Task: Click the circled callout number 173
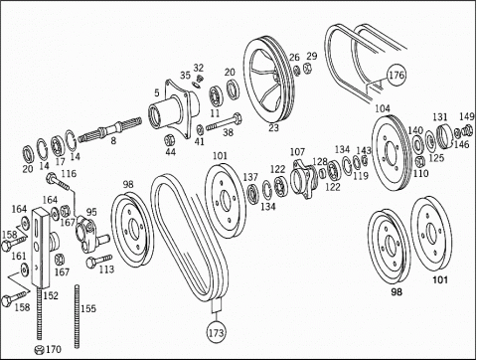pyautogui.click(x=217, y=332)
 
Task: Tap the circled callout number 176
pyautogui.click(x=397, y=75)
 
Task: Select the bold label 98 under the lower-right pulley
pyautogui.click(x=397, y=291)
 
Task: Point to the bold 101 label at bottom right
pyautogui.click(x=440, y=279)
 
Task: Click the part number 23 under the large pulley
pyautogui.click(x=273, y=127)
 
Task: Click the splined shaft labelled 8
pyautogui.click(x=110, y=127)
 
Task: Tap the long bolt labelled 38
pyautogui.click(x=225, y=122)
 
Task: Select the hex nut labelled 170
pyautogui.click(x=40, y=349)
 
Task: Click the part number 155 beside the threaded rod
pyautogui.click(x=88, y=308)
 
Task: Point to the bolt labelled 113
pyautogui.click(x=98, y=261)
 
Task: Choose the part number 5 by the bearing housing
pyautogui.click(x=157, y=93)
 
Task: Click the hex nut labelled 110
pyautogui.click(x=419, y=161)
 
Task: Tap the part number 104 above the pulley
pyautogui.click(x=383, y=108)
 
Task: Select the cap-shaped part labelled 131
pyautogui.click(x=444, y=135)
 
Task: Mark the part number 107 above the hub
pyautogui.click(x=297, y=152)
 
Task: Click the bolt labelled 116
pyautogui.click(x=59, y=182)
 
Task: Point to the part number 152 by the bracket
pyautogui.click(x=51, y=295)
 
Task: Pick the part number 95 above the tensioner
pyautogui.click(x=91, y=212)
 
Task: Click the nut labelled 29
pyautogui.click(x=307, y=69)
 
